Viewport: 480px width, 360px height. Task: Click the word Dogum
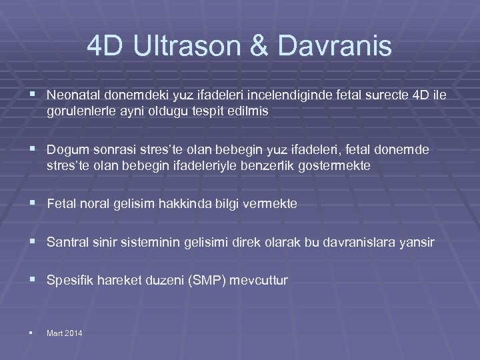pos(65,151)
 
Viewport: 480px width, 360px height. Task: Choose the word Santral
pos(68,243)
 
